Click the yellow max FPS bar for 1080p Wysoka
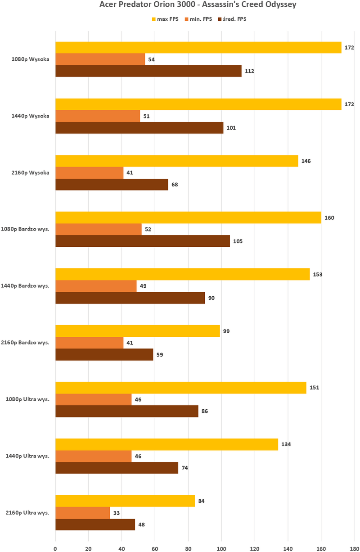pyautogui.click(x=198, y=47)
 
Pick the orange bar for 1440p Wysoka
pyautogui.click(x=98, y=116)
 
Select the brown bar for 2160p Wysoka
pyautogui.click(x=112, y=185)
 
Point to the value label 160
pyautogui.click(x=329, y=217)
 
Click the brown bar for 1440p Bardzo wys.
pyautogui.click(x=130, y=298)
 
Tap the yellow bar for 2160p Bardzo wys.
pyautogui.click(x=137, y=331)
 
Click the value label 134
pyautogui.click(x=286, y=444)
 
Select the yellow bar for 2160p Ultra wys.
pyautogui.click(x=125, y=501)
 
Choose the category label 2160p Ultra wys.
pyautogui.click(x=31, y=513)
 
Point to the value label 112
pyautogui.click(x=249, y=71)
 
